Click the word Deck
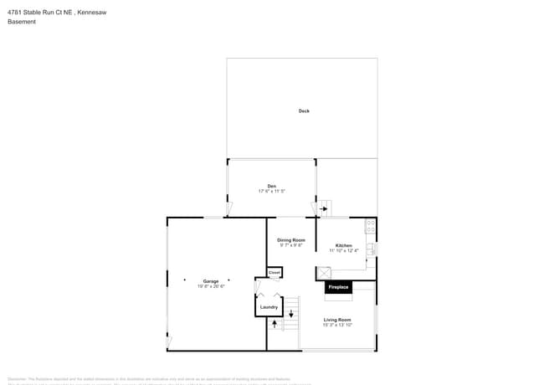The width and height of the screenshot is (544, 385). click(x=304, y=110)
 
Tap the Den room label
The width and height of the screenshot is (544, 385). click(x=272, y=186)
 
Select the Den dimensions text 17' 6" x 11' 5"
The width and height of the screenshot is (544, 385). click(x=272, y=192)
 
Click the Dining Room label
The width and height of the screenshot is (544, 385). click(x=291, y=240)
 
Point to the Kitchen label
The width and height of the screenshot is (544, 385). click(x=343, y=245)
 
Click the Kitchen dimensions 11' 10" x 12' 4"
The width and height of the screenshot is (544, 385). click(x=343, y=250)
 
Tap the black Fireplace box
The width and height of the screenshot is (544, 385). click(x=338, y=287)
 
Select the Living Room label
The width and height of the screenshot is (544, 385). click(x=337, y=320)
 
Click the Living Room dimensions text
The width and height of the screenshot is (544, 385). click(x=337, y=325)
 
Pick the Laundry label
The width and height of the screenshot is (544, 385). click(x=269, y=307)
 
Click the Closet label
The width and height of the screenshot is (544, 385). click(x=275, y=273)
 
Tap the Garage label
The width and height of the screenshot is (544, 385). click(x=211, y=281)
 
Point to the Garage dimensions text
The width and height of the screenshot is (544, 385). click(x=211, y=286)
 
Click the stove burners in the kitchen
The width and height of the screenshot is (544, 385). click(x=370, y=226)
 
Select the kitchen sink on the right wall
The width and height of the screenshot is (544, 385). click(x=372, y=249)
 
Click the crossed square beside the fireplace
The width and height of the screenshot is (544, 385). click(x=323, y=273)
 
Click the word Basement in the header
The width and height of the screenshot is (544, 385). click(x=22, y=22)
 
